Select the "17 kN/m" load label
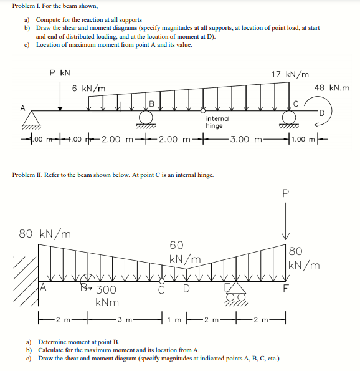pos(290,74)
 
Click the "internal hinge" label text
pos(217,122)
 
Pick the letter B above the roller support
pos(150,104)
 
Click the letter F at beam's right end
pos(286,289)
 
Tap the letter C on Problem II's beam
pos(161,289)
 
